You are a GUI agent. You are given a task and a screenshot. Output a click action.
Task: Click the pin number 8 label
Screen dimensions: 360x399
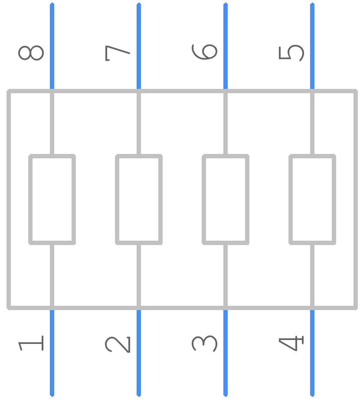[x=31, y=53]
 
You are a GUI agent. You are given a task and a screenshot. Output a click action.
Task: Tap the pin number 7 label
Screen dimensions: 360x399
[x=118, y=53]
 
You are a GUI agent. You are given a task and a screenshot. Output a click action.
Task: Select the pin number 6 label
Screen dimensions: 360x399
[x=205, y=52]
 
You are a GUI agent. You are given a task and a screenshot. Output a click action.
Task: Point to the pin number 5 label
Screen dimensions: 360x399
[x=291, y=53]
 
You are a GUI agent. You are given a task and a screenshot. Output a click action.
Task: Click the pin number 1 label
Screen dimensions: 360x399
[x=31, y=343]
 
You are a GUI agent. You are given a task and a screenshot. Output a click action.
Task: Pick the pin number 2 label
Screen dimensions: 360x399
[x=118, y=344]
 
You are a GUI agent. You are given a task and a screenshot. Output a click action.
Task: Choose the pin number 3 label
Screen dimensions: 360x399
[x=205, y=344]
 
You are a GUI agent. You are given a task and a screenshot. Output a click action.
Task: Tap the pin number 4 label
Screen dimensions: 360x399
[x=291, y=343]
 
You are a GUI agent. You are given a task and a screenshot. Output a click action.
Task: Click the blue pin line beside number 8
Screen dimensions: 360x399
[x=52, y=46]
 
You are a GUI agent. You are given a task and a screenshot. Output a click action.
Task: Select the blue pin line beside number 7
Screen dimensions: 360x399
[x=139, y=46]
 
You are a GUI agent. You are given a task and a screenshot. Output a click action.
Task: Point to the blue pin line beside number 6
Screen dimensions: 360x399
[x=226, y=46]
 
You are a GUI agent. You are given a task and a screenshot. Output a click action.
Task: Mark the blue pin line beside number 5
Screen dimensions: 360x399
[x=312, y=46]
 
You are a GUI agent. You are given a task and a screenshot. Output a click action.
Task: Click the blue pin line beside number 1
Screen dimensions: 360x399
[x=52, y=353]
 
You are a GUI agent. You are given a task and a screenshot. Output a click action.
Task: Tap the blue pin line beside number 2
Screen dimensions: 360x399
[x=139, y=353]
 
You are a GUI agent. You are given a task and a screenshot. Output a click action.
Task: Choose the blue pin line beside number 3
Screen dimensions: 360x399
[x=226, y=353]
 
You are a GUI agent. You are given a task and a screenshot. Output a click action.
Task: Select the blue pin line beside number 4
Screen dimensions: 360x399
[x=312, y=353]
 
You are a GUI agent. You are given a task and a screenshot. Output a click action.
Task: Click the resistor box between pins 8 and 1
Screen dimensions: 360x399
[x=30, y=199]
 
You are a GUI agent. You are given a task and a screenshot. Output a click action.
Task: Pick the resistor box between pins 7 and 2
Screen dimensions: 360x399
[x=117, y=199]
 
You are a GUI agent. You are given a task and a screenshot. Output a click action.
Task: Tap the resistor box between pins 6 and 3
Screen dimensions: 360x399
[x=204, y=199]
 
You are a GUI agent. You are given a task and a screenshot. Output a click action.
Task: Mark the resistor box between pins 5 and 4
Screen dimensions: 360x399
[x=291, y=199]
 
